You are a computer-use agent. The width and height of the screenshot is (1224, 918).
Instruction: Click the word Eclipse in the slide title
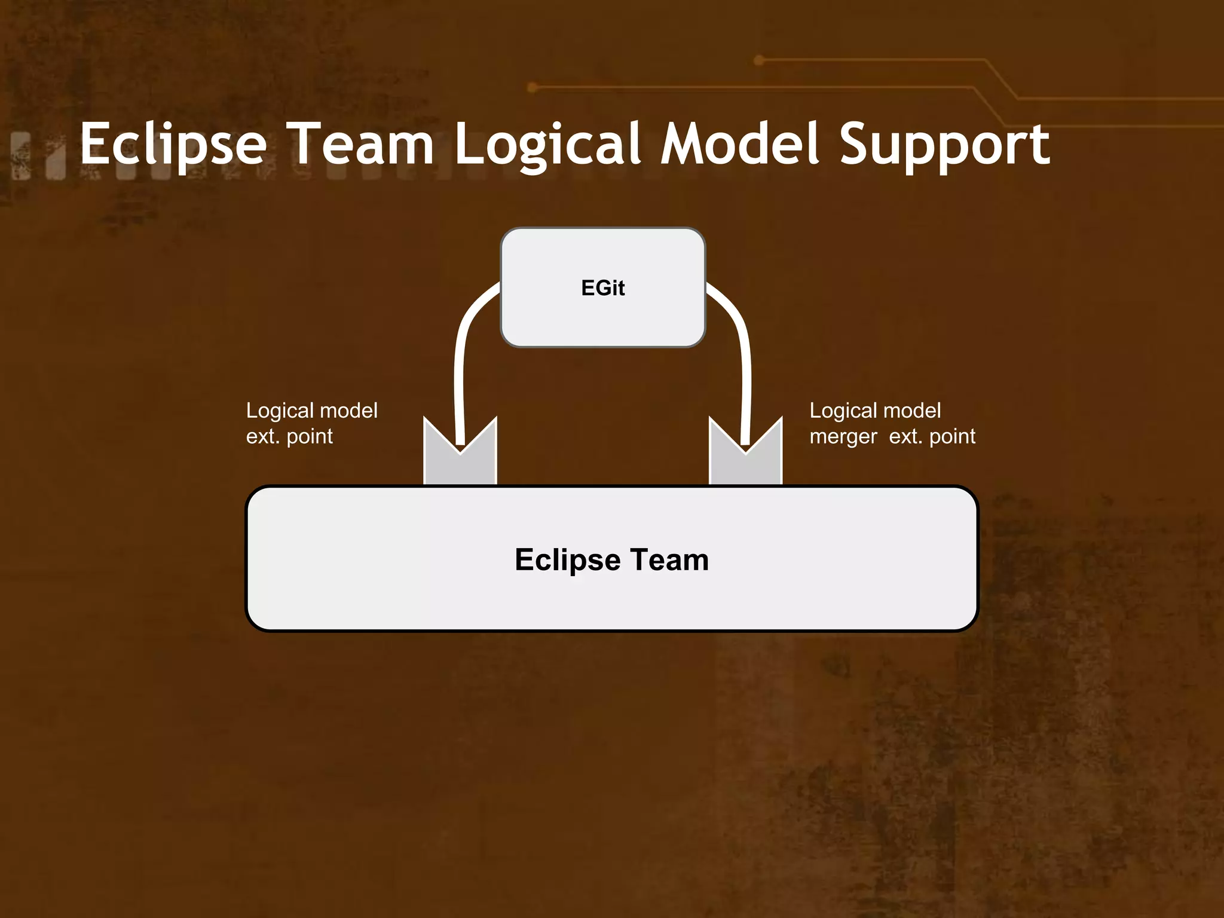(x=173, y=144)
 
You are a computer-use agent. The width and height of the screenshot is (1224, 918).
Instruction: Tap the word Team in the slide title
(x=363, y=144)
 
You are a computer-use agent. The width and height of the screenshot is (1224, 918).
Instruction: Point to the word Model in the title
(x=739, y=144)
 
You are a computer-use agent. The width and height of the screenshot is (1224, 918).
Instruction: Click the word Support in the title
(x=944, y=144)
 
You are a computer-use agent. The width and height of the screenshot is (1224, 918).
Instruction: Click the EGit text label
(x=602, y=288)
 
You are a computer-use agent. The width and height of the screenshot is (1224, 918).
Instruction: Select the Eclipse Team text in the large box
(x=611, y=560)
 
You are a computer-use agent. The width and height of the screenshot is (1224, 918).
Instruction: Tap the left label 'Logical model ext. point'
(x=311, y=423)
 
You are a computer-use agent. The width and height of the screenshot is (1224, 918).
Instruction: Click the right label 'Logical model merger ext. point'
(x=892, y=423)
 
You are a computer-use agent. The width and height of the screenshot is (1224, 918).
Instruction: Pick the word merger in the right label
(x=843, y=437)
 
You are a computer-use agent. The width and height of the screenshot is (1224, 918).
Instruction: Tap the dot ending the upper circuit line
(x=759, y=60)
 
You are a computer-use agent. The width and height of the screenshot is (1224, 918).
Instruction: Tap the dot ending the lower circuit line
(x=533, y=88)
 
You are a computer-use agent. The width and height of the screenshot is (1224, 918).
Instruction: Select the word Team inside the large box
(x=669, y=560)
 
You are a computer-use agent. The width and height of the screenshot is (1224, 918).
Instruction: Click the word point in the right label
(x=952, y=437)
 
